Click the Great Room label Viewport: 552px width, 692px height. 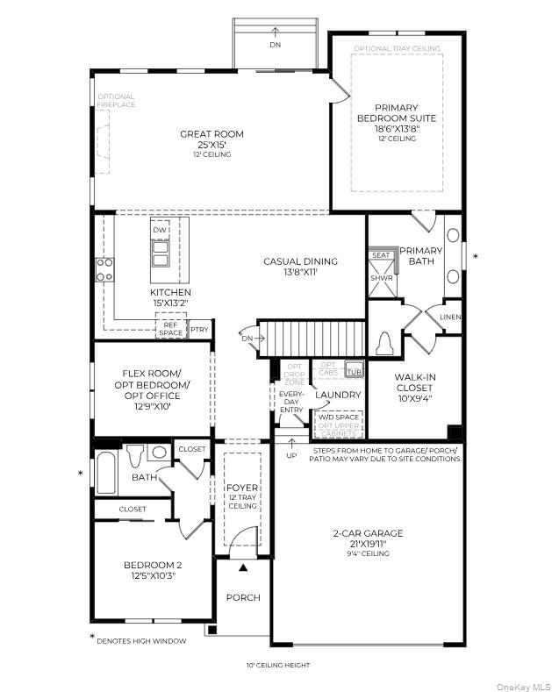211,134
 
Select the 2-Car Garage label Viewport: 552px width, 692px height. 368,533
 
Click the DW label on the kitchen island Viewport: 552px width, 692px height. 159,231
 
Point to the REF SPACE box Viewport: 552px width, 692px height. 170,328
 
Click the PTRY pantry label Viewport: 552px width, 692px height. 199,330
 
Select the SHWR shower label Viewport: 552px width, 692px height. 381,278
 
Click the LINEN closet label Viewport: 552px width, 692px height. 450,317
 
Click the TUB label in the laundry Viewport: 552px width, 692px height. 354,367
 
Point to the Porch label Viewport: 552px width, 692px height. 243,597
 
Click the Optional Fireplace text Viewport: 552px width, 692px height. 116,101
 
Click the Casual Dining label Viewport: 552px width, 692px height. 300,261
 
